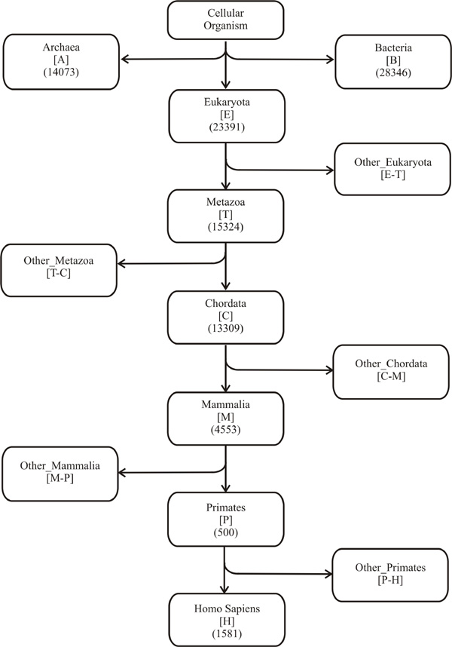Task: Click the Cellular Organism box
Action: (225, 20)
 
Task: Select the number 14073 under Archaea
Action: (61, 72)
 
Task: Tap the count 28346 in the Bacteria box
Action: (393, 72)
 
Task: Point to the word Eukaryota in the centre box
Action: (227, 102)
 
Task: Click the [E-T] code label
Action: (392, 175)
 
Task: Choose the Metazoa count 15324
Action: (225, 227)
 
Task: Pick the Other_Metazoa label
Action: (59, 261)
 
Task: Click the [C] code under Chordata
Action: (225, 316)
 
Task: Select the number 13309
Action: (225, 329)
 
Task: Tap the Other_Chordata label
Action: (391, 364)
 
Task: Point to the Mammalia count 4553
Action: (225, 430)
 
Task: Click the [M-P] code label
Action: (60, 479)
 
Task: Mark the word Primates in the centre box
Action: (226, 507)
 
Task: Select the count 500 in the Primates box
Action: (226, 532)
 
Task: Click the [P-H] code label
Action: (390, 580)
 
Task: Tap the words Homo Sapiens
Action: (227, 609)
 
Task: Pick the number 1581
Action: (227, 633)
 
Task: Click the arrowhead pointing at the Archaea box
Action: (124, 59)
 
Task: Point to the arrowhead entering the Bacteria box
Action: (330, 60)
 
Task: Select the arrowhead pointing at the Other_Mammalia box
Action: (122, 473)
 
